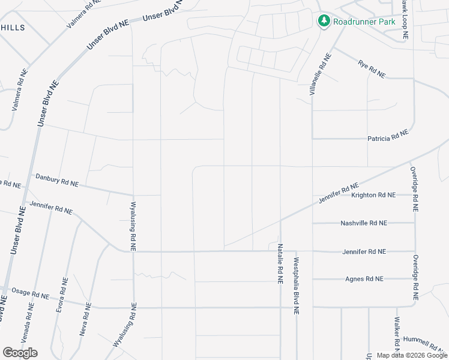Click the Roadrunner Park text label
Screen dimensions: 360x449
point(364,21)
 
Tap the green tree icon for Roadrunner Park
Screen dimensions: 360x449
point(324,21)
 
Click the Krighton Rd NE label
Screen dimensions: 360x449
point(373,195)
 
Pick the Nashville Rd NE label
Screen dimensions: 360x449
point(364,223)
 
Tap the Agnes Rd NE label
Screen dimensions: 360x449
point(364,279)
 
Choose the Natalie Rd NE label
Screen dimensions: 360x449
point(280,264)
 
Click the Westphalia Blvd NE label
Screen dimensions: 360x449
point(296,287)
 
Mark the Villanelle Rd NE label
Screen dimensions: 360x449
point(320,75)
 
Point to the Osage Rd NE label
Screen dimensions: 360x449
point(30,295)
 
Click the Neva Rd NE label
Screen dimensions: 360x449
point(84,318)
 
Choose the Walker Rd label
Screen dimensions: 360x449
point(397,333)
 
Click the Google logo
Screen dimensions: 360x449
point(20,352)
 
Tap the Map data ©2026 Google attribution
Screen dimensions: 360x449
point(412,355)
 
